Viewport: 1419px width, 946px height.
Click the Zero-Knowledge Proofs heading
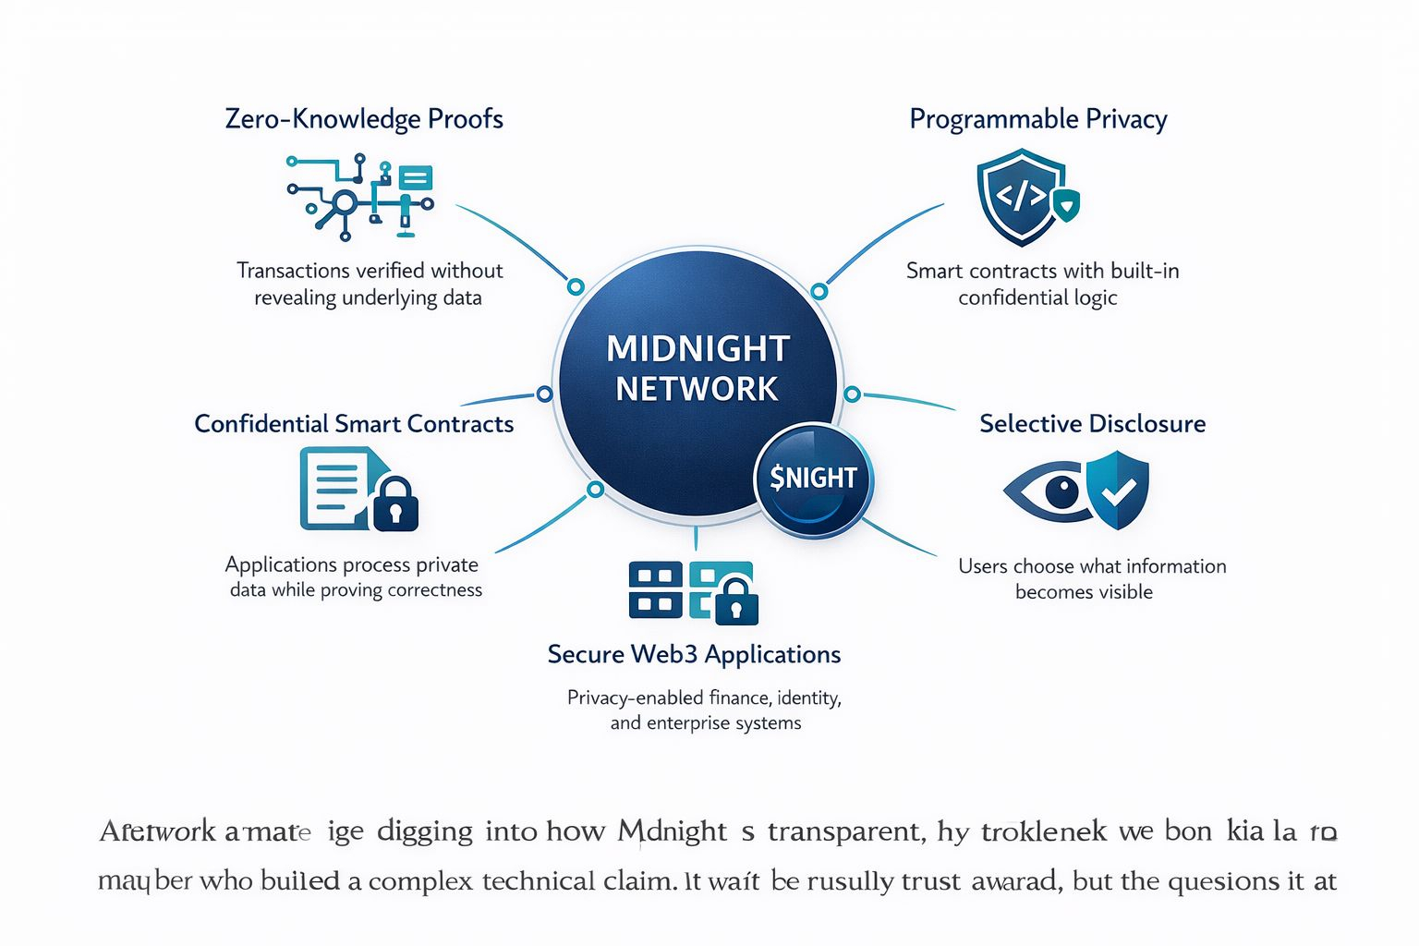364,119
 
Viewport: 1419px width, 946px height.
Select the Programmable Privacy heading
1038,119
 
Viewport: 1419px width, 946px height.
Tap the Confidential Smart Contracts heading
354,424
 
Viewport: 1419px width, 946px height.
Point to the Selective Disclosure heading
1092,424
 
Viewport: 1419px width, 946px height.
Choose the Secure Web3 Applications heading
694,655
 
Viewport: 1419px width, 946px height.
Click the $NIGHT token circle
813,479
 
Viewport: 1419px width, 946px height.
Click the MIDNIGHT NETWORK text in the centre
697,369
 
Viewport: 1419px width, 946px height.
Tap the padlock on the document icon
395,503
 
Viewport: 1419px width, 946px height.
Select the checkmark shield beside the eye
1117,490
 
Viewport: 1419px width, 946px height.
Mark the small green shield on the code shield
1067,204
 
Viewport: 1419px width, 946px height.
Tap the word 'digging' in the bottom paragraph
425,832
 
